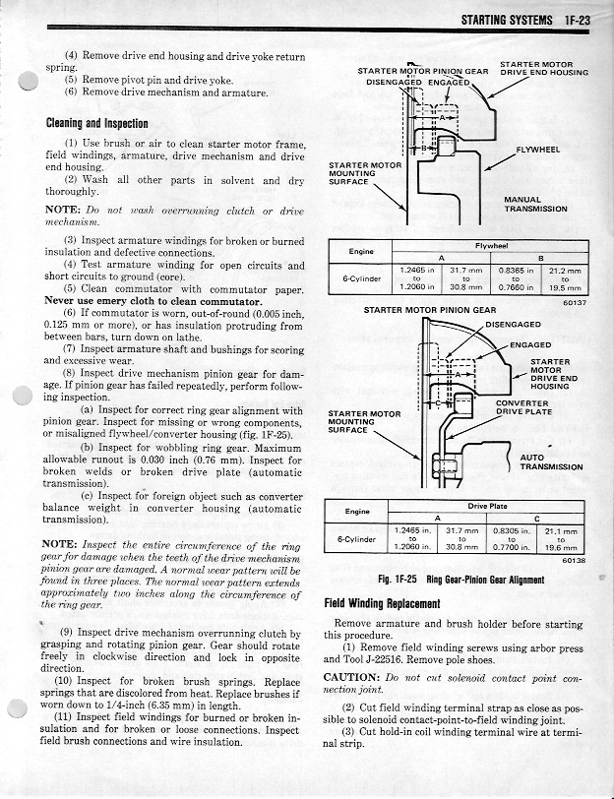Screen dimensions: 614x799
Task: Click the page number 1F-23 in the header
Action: [577, 20]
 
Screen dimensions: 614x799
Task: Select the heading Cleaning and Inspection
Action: [96, 123]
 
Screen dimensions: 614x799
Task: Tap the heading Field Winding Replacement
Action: [382, 604]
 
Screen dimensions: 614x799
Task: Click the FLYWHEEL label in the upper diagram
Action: [537, 150]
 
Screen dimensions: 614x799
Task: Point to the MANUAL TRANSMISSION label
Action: [535, 205]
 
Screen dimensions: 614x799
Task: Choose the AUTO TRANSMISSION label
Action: [551, 462]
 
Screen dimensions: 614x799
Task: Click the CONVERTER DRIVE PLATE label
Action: [523, 407]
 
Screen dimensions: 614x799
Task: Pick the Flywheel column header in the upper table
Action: [491, 246]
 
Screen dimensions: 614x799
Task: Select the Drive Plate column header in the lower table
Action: [487, 507]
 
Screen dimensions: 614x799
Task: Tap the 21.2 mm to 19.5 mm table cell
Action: [565, 279]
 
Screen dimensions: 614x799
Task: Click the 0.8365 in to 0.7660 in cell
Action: [516, 279]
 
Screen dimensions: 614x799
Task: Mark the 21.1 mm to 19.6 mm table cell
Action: [561, 539]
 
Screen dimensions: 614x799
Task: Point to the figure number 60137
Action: [576, 302]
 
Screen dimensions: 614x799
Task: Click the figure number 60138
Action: [575, 561]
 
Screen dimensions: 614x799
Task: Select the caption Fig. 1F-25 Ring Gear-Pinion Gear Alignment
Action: [461, 580]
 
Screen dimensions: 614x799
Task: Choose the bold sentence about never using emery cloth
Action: [153, 301]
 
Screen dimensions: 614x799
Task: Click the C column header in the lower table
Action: [536, 519]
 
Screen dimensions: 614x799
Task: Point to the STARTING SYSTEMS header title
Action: [507, 20]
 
